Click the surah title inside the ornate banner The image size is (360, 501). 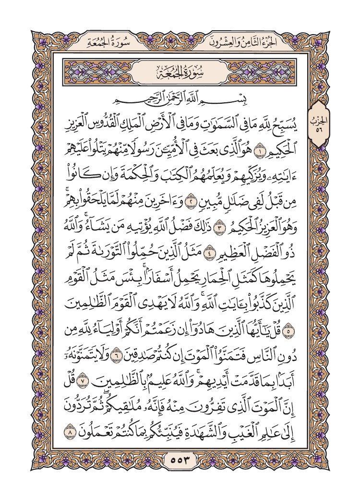180,72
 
